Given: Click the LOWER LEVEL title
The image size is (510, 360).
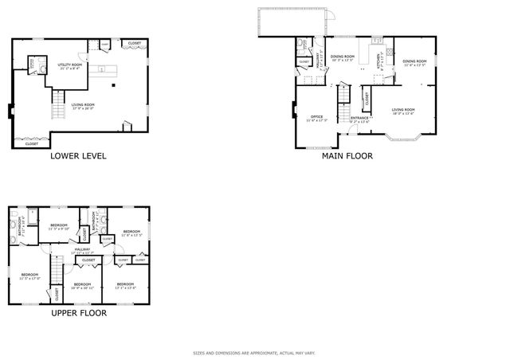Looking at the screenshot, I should tap(78, 156).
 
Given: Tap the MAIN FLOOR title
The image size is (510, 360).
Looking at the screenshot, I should tap(347, 156).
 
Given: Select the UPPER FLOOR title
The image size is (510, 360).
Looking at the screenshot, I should tap(79, 313).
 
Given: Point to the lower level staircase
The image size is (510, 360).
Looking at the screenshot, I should tap(57, 102).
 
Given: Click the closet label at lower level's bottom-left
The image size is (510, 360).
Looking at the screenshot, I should tap(32, 144).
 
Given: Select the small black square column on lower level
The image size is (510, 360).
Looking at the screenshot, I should tap(114, 84).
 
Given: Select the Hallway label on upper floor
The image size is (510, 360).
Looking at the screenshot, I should tap(82, 251).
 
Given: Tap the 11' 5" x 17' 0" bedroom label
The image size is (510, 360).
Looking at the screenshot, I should tap(29, 276).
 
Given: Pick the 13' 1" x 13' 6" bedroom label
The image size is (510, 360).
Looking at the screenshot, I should tap(125, 285).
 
